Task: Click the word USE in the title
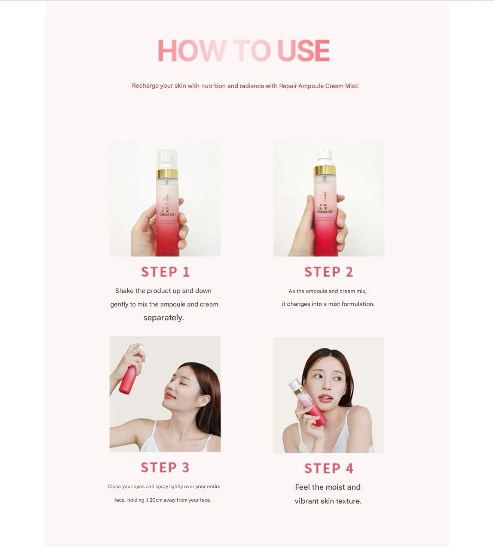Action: coord(303,51)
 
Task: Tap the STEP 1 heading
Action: coord(165,272)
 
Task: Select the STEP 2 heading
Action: coord(329,272)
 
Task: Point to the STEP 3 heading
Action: coord(165,467)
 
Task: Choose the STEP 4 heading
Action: coord(329,468)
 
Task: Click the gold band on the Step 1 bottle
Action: coord(167,173)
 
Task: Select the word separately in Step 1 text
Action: coord(164,318)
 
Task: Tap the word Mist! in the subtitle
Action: coord(352,86)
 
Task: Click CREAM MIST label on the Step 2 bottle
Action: coord(325,212)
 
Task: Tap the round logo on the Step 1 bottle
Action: coord(167,200)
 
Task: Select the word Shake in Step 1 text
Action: coord(124,291)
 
